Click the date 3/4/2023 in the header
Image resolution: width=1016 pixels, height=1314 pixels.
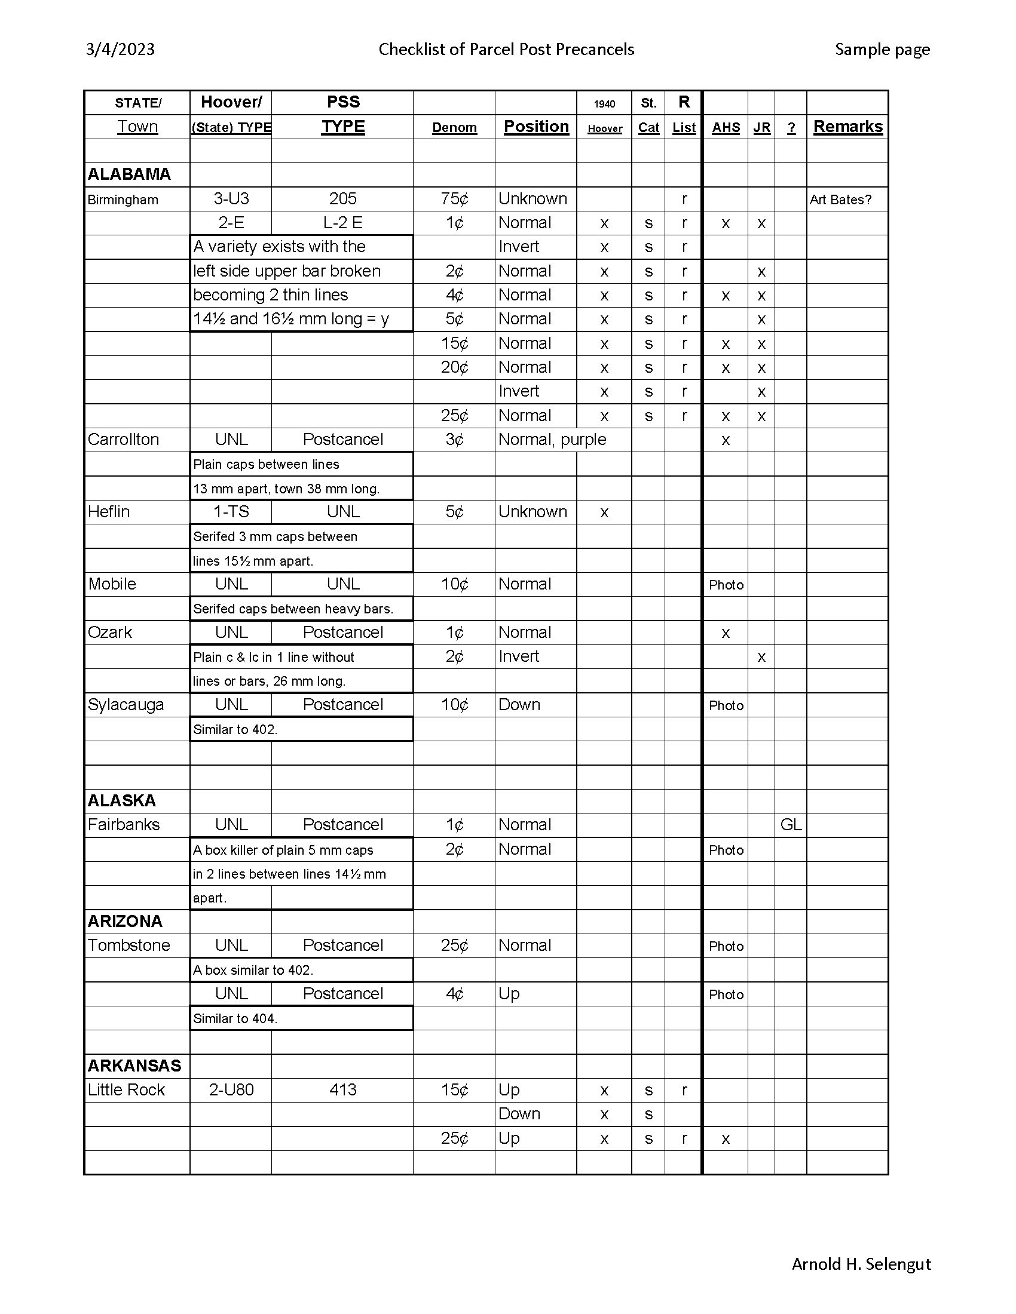click(x=120, y=50)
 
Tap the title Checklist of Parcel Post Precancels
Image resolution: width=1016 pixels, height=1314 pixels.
click(x=506, y=50)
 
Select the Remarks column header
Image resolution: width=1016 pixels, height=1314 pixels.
click(x=847, y=127)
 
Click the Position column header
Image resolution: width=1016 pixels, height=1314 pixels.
click(x=535, y=127)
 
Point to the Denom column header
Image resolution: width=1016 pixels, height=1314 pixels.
click(x=454, y=128)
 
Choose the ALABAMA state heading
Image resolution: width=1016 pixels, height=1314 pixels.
click(x=130, y=174)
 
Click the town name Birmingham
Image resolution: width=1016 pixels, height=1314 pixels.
click(x=123, y=199)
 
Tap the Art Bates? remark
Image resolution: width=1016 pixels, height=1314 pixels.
click(x=840, y=199)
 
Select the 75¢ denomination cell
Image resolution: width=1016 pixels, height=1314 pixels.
click(x=454, y=199)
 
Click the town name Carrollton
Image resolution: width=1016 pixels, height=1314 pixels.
click(x=123, y=440)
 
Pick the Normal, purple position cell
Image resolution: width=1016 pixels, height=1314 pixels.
click(x=552, y=440)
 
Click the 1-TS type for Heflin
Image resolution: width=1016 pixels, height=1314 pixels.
click(x=231, y=512)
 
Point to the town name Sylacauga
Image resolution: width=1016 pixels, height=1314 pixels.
click(x=126, y=705)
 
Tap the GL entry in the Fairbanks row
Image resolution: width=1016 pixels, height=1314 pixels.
click(x=790, y=825)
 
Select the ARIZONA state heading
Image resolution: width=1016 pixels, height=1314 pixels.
click(x=125, y=921)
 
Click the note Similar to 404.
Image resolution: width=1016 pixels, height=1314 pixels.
click(x=235, y=1018)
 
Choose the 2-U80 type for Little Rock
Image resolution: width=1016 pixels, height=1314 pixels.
click(x=231, y=1089)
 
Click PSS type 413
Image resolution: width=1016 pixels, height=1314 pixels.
click(x=342, y=1089)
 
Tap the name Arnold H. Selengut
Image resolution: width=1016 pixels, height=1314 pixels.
click(x=861, y=1264)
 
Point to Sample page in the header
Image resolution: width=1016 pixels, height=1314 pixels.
click(x=882, y=50)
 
